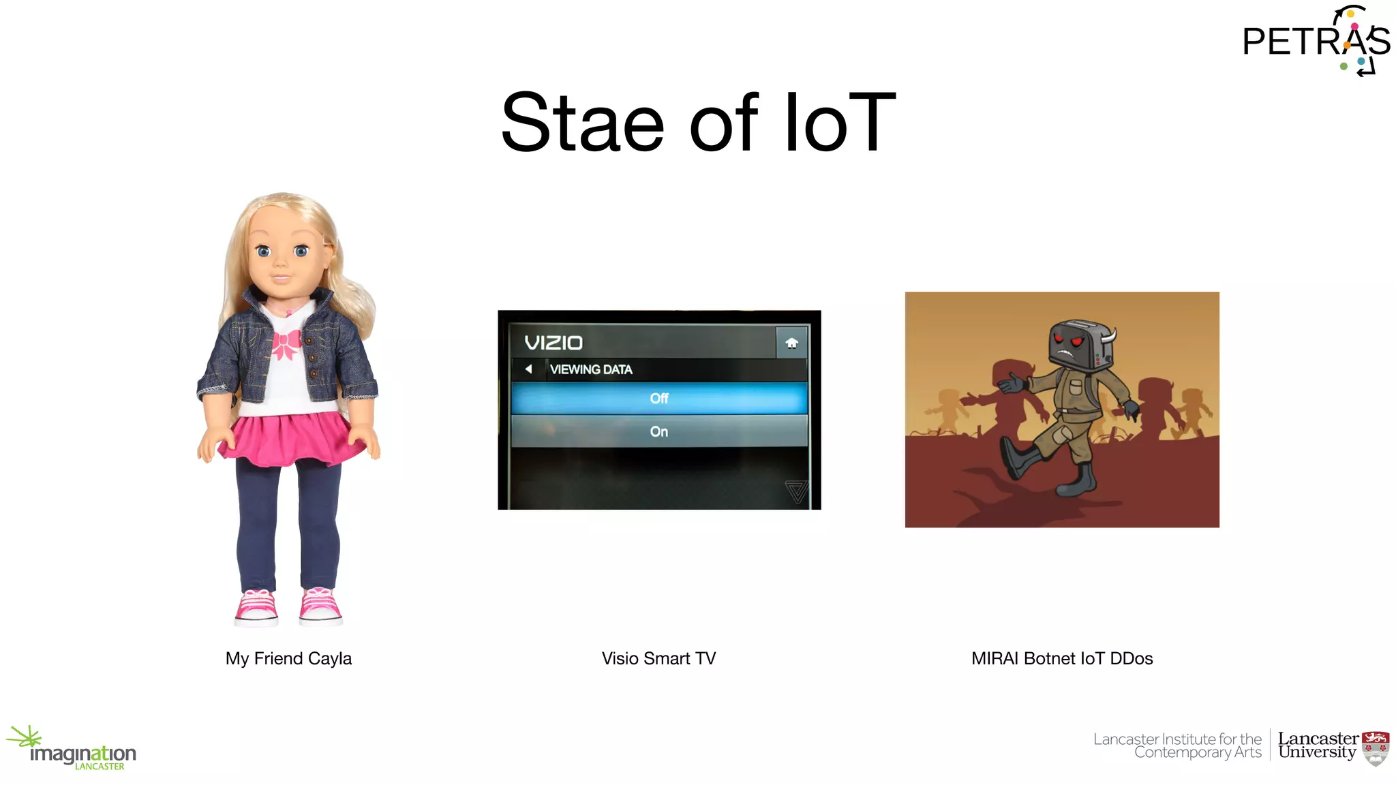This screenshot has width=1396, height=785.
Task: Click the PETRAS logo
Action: (1316, 41)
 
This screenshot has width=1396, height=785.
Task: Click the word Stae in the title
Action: (582, 123)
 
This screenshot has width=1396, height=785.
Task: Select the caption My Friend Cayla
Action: (288, 658)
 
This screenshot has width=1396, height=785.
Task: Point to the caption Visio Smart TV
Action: (658, 658)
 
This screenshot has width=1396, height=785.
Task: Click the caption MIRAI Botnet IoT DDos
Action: (1062, 658)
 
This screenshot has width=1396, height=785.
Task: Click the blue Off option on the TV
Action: (658, 399)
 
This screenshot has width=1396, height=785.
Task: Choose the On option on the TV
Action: (658, 431)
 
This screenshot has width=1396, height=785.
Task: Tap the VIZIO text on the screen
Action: (553, 343)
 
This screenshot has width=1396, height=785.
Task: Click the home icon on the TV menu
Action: (791, 343)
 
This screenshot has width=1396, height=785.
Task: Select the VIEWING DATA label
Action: (591, 369)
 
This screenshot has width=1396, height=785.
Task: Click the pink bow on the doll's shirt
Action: (286, 344)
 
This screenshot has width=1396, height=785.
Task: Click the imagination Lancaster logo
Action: (75, 750)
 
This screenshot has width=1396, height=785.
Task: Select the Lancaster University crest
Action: (1375, 748)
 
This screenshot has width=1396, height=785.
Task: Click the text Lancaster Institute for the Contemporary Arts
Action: (1178, 745)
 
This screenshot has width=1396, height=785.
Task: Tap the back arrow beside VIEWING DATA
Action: (528, 369)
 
